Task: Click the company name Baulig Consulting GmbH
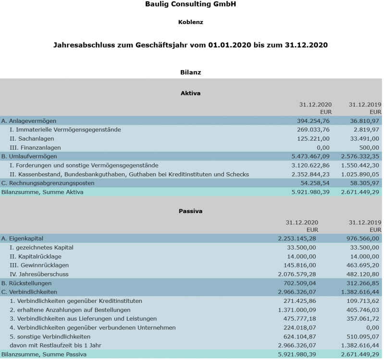190,4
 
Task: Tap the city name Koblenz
190,22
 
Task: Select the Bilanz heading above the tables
190,72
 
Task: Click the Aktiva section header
190,93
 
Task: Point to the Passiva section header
190,211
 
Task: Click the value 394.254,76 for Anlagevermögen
313,121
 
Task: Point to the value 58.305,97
362,183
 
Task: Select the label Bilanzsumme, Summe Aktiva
43,192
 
